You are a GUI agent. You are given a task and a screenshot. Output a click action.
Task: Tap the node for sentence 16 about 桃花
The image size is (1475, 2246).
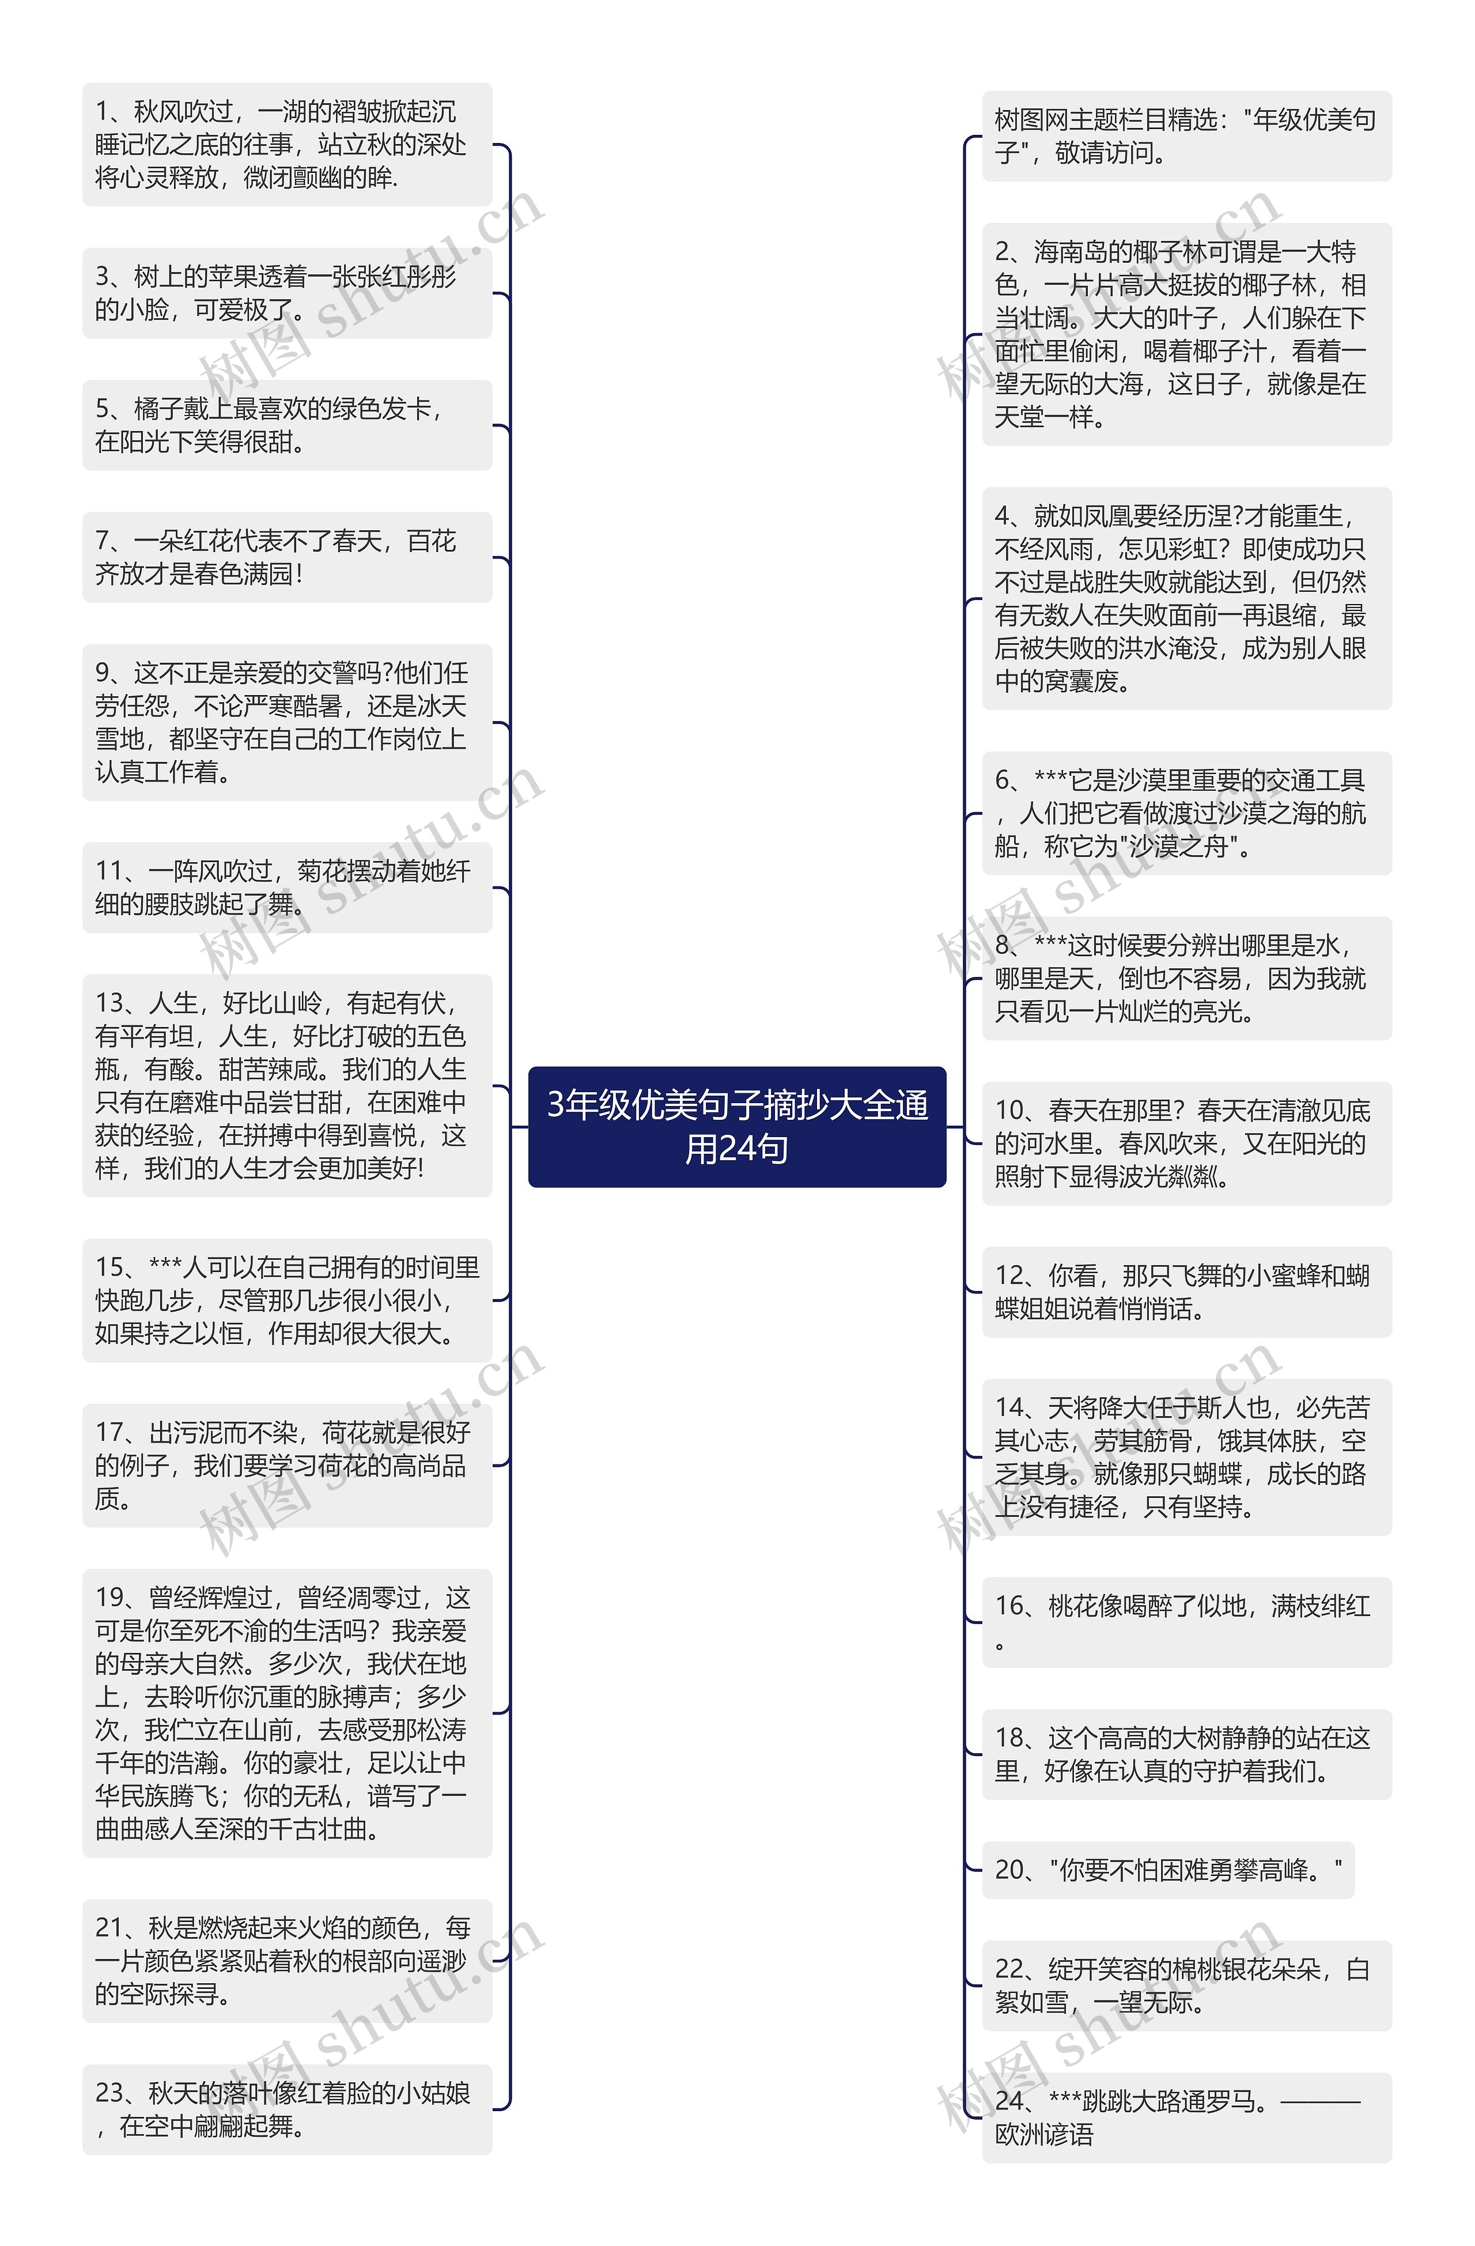click(x=1186, y=1621)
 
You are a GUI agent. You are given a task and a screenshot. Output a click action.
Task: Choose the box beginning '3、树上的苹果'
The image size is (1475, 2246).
click(x=287, y=293)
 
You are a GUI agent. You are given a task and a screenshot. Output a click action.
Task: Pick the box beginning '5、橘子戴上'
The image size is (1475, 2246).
click(x=287, y=425)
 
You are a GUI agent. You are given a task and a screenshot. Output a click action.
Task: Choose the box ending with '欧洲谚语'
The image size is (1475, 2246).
click(x=1186, y=2117)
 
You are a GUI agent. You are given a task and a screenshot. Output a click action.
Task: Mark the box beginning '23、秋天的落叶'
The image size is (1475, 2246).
click(x=287, y=2109)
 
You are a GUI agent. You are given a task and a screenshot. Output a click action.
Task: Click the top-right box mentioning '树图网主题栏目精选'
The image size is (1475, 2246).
click(x=1186, y=136)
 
